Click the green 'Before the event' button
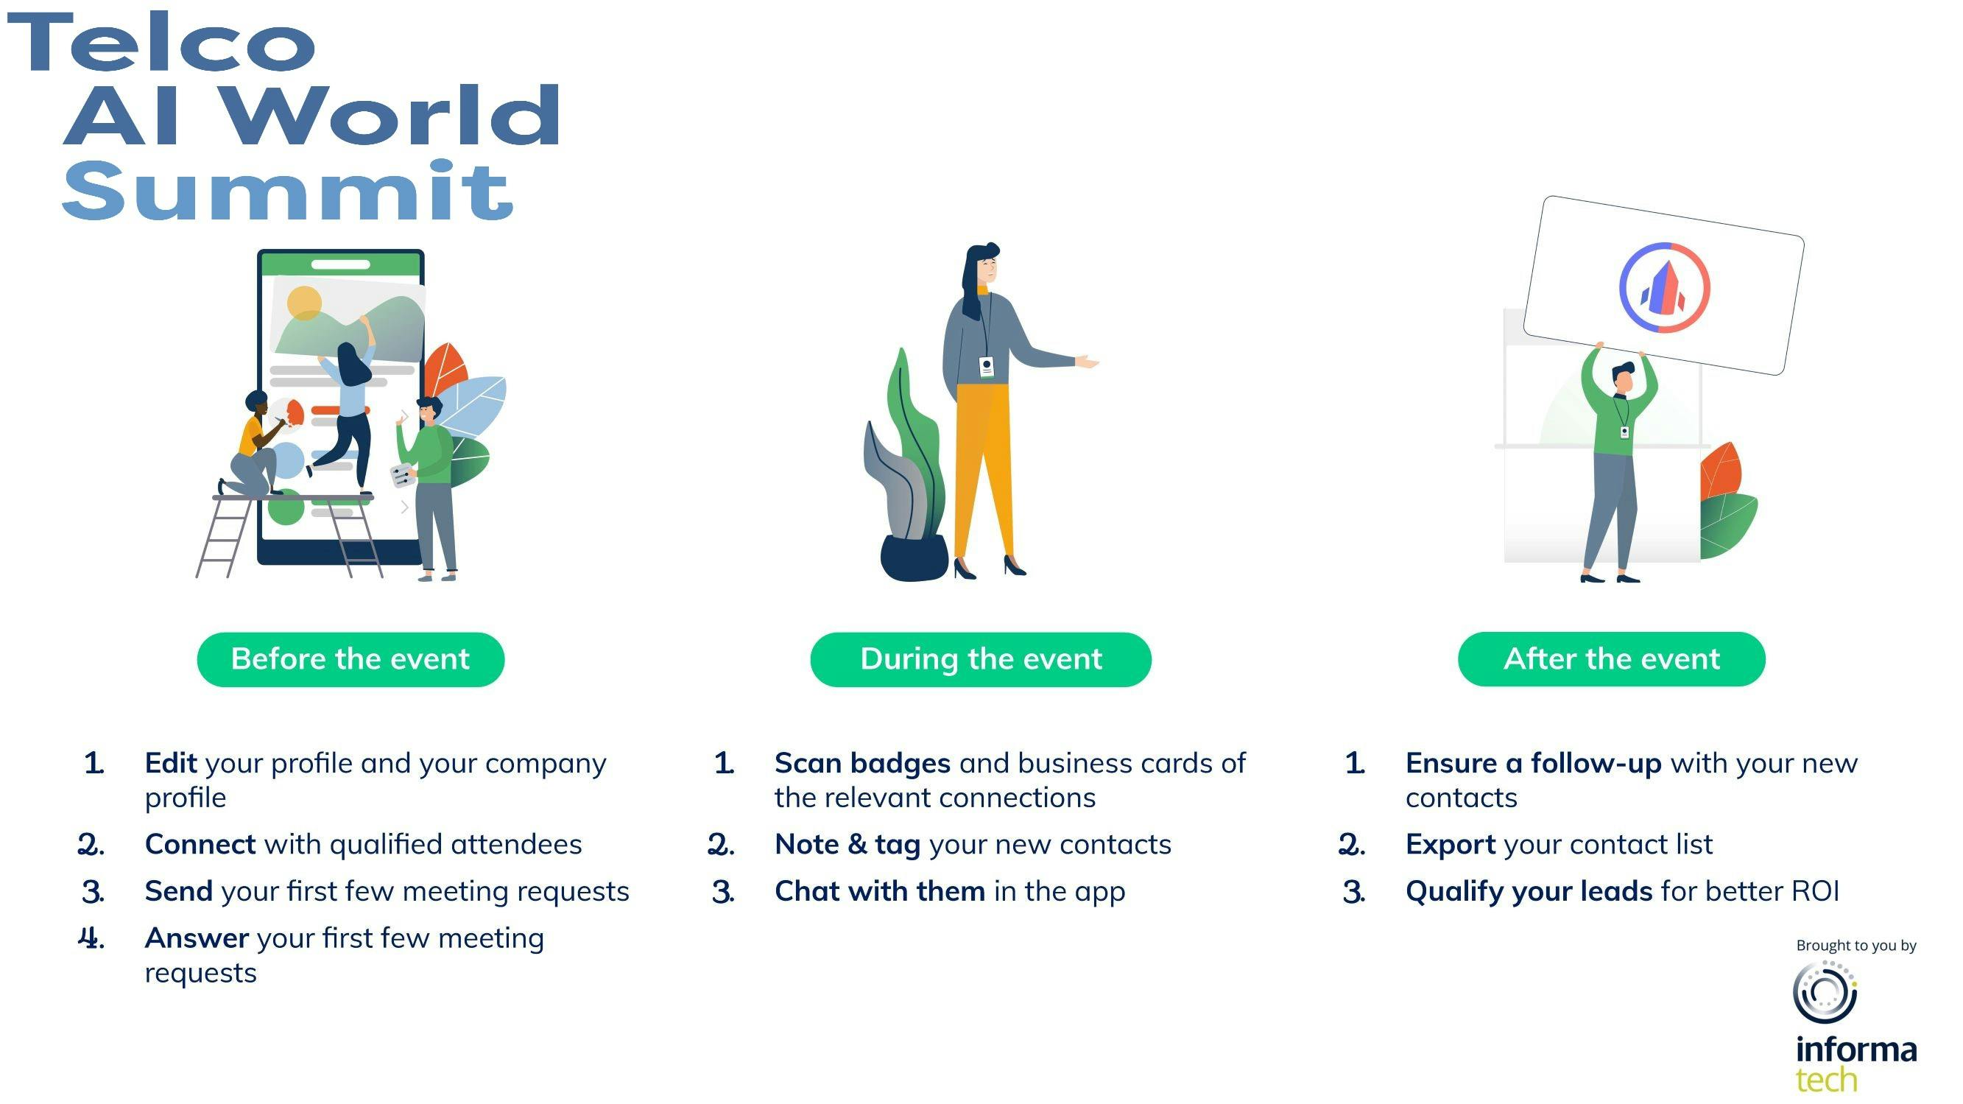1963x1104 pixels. pos(350,658)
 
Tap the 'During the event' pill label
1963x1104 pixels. pos(981,658)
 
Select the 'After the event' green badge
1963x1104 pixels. pos(1612,658)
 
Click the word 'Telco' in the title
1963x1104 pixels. pos(161,43)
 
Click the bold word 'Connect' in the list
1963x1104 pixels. pos(200,844)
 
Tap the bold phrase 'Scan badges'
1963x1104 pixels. pos(863,764)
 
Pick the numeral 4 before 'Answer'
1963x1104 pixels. pos(91,938)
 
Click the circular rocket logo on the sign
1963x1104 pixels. pos(1664,287)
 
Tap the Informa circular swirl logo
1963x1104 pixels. pos(1825,992)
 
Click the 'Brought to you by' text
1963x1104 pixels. pos(1856,946)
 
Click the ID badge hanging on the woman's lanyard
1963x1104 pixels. pos(986,368)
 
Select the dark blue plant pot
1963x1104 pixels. pos(914,558)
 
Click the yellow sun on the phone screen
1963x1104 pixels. pos(304,304)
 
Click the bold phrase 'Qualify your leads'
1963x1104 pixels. pos(1529,892)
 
